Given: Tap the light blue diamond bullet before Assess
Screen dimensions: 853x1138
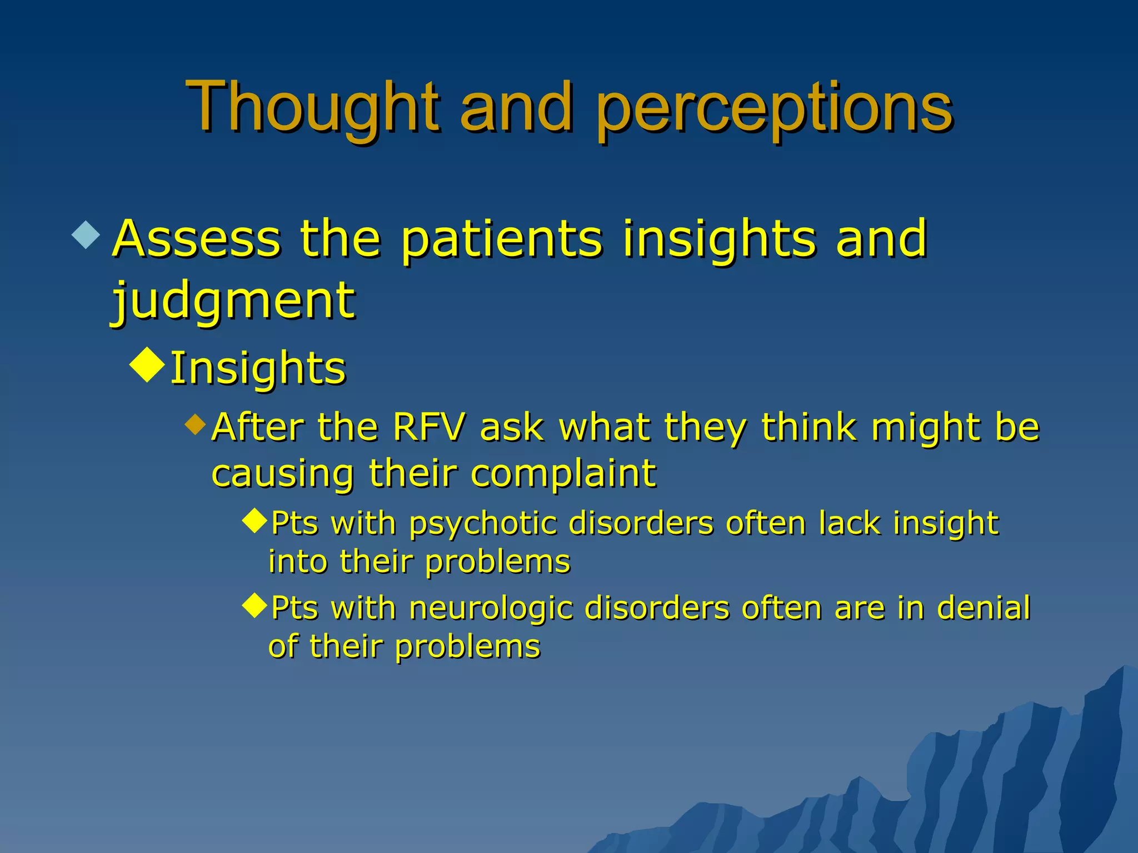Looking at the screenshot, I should [x=86, y=235].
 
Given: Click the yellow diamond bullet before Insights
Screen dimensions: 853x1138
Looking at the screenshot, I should [x=147, y=365].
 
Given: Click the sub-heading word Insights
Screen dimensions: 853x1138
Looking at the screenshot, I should [x=258, y=368].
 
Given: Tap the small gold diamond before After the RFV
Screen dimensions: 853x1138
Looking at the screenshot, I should [x=195, y=424].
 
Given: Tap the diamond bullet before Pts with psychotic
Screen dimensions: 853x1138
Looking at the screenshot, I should [x=255, y=521].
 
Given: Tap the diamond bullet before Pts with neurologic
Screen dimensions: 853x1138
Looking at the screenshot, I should [x=255, y=605].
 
